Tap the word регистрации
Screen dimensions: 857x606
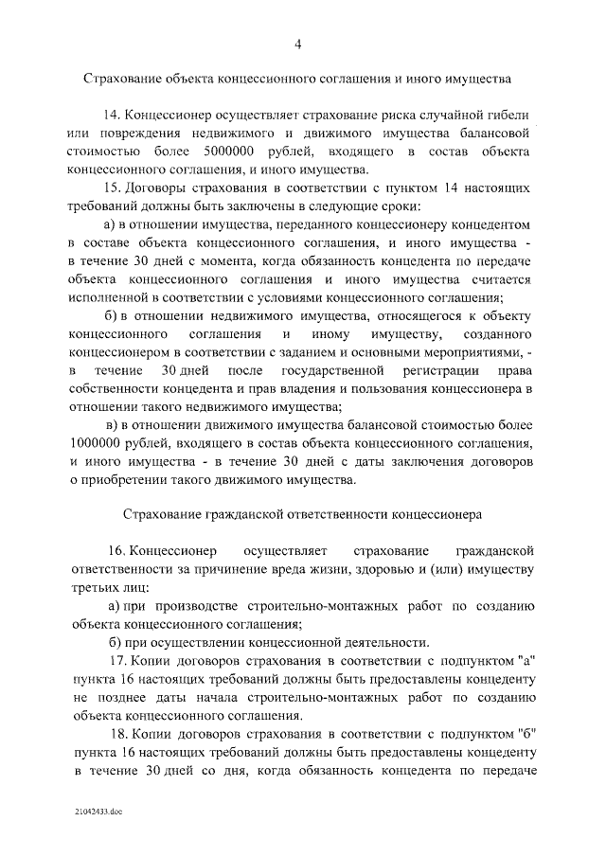[441, 370]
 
